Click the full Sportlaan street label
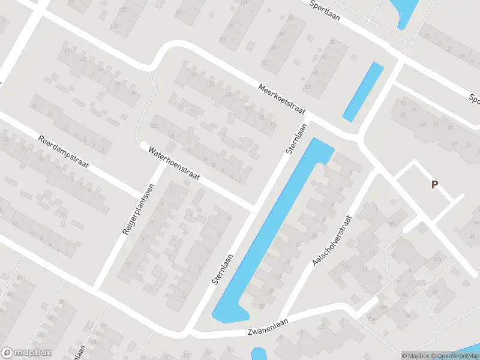[325, 11]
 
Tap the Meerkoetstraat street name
[282, 98]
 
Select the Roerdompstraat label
[63, 152]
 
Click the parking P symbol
[433, 185]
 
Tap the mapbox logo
[26, 352]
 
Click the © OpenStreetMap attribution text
[454, 355]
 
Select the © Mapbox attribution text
[415, 355]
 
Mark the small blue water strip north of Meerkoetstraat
[363, 91]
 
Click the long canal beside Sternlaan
[273, 228]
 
